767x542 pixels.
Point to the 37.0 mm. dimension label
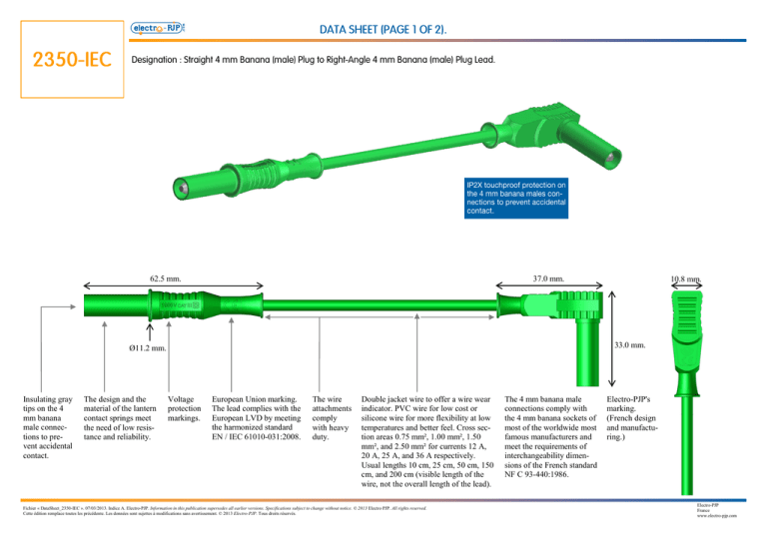(x=550, y=279)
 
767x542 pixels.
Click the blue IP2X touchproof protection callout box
(x=515, y=198)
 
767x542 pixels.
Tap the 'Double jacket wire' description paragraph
(x=428, y=438)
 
